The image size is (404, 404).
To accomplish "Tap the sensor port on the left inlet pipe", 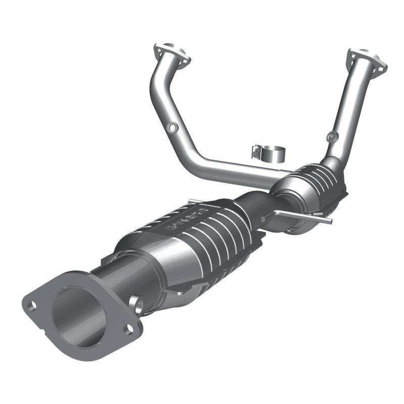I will pyautogui.click(x=173, y=128).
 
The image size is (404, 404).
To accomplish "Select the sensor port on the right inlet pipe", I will pyautogui.click(x=331, y=136).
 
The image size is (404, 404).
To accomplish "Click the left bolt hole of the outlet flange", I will pyautogui.click(x=34, y=305).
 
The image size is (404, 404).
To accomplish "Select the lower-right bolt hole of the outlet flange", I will pyautogui.click(x=129, y=329).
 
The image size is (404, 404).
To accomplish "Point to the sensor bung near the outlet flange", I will pyautogui.click(x=136, y=302).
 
